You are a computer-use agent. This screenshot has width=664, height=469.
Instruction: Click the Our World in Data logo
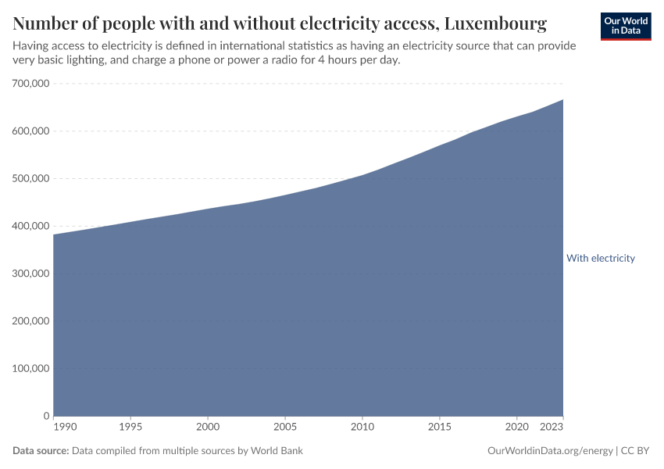(x=625, y=26)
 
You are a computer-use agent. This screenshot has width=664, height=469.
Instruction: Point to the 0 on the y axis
(x=47, y=416)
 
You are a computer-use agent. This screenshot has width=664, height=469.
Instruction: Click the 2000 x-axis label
(x=208, y=428)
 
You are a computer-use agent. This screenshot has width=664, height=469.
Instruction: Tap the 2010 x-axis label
(x=362, y=428)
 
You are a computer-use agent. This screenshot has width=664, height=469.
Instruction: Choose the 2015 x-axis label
(x=440, y=428)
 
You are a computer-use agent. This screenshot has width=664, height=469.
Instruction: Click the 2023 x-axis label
(x=552, y=428)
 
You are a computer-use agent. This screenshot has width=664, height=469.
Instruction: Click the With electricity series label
(x=600, y=258)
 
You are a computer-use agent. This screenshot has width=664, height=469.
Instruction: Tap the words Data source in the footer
(x=41, y=451)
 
